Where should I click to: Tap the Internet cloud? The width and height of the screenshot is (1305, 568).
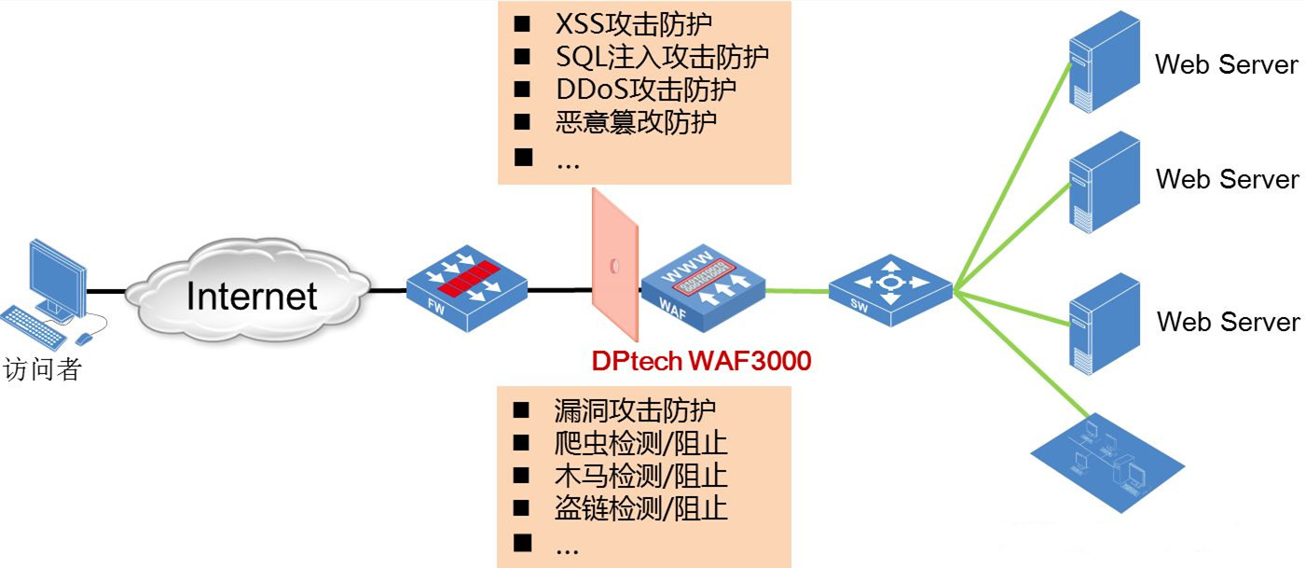(250, 291)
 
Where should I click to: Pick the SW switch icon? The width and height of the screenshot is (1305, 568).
(890, 291)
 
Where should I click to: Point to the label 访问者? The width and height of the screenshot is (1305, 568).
(43, 369)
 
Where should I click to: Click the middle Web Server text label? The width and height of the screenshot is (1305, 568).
(1227, 179)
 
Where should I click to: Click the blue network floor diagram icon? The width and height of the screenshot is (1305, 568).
(1109, 463)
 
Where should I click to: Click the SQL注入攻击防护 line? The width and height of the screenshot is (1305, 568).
(662, 57)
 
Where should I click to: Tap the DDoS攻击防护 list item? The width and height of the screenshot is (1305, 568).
(645, 90)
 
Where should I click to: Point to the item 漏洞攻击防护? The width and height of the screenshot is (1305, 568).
(636, 410)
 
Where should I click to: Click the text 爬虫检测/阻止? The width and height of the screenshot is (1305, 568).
(640, 443)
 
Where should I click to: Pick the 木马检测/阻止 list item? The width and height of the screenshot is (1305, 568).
(640, 476)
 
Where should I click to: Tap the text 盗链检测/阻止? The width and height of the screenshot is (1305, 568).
(640, 508)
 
